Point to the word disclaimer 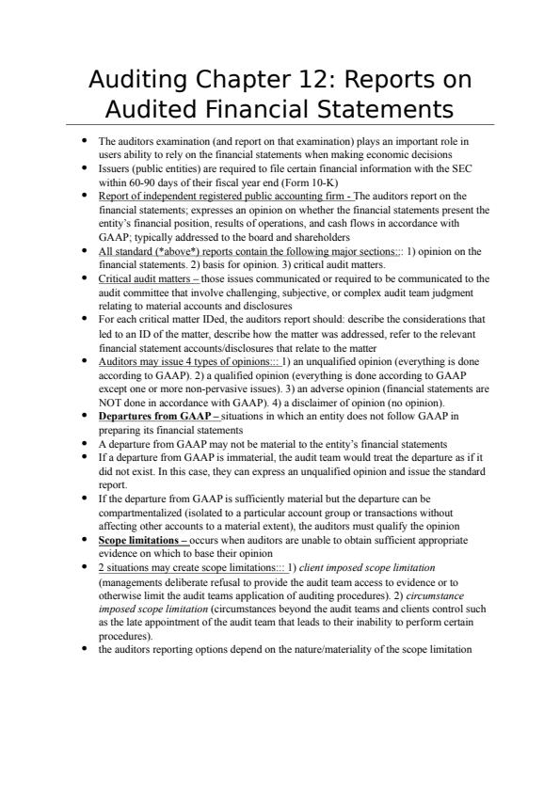click(x=285, y=401)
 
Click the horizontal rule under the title click(x=280, y=125)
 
